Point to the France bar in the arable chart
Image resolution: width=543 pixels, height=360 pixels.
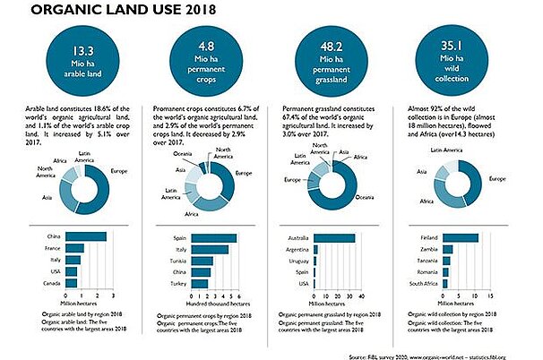point(75,248)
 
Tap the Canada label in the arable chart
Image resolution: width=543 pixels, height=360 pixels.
point(50,284)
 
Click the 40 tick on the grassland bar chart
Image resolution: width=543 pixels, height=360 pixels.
point(363,296)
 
